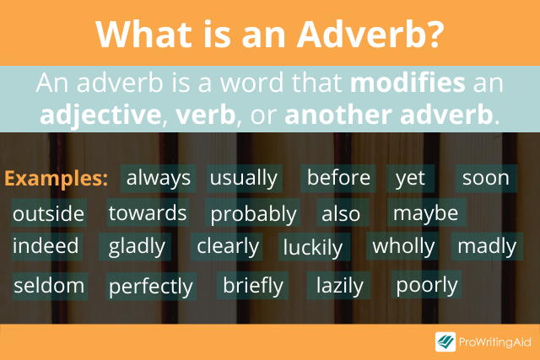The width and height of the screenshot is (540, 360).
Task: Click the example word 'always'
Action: [x=159, y=178]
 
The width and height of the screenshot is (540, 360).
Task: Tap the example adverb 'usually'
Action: [x=244, y=178]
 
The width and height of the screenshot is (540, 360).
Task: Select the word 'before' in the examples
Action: [x=338, y=178]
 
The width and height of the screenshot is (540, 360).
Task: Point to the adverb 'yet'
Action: [x=410, y=179]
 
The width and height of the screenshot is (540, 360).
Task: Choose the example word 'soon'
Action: [x=486, y=178]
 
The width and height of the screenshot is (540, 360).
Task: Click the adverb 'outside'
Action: [x=49, y=213]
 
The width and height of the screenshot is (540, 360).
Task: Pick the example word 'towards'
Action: [x=148, y=212]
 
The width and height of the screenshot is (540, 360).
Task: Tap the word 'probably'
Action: [x=253, y=214]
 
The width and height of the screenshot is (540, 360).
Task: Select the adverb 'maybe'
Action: [x=425, y=213]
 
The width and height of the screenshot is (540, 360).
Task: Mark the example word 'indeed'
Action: [x=46, y=245]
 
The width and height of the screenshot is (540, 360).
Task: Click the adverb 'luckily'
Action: [x=313, y=247]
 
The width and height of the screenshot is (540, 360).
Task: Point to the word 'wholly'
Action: [x=403, y=246]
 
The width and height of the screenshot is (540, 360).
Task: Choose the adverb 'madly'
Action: [x=487, y=246]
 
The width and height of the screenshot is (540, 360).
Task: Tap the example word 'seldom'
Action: [x=49, y=286]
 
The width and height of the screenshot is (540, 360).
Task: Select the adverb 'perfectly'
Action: [x=151, y=287]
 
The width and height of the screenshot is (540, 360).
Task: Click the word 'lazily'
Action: [x=340, y=286]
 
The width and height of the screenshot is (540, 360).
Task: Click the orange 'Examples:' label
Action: [x=57, y=178]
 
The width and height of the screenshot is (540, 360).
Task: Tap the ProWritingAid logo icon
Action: [x=445, y=341]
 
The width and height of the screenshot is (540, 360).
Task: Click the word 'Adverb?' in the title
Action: [x=370, y=35]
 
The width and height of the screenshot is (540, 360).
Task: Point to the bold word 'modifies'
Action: [x=408, y=83]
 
